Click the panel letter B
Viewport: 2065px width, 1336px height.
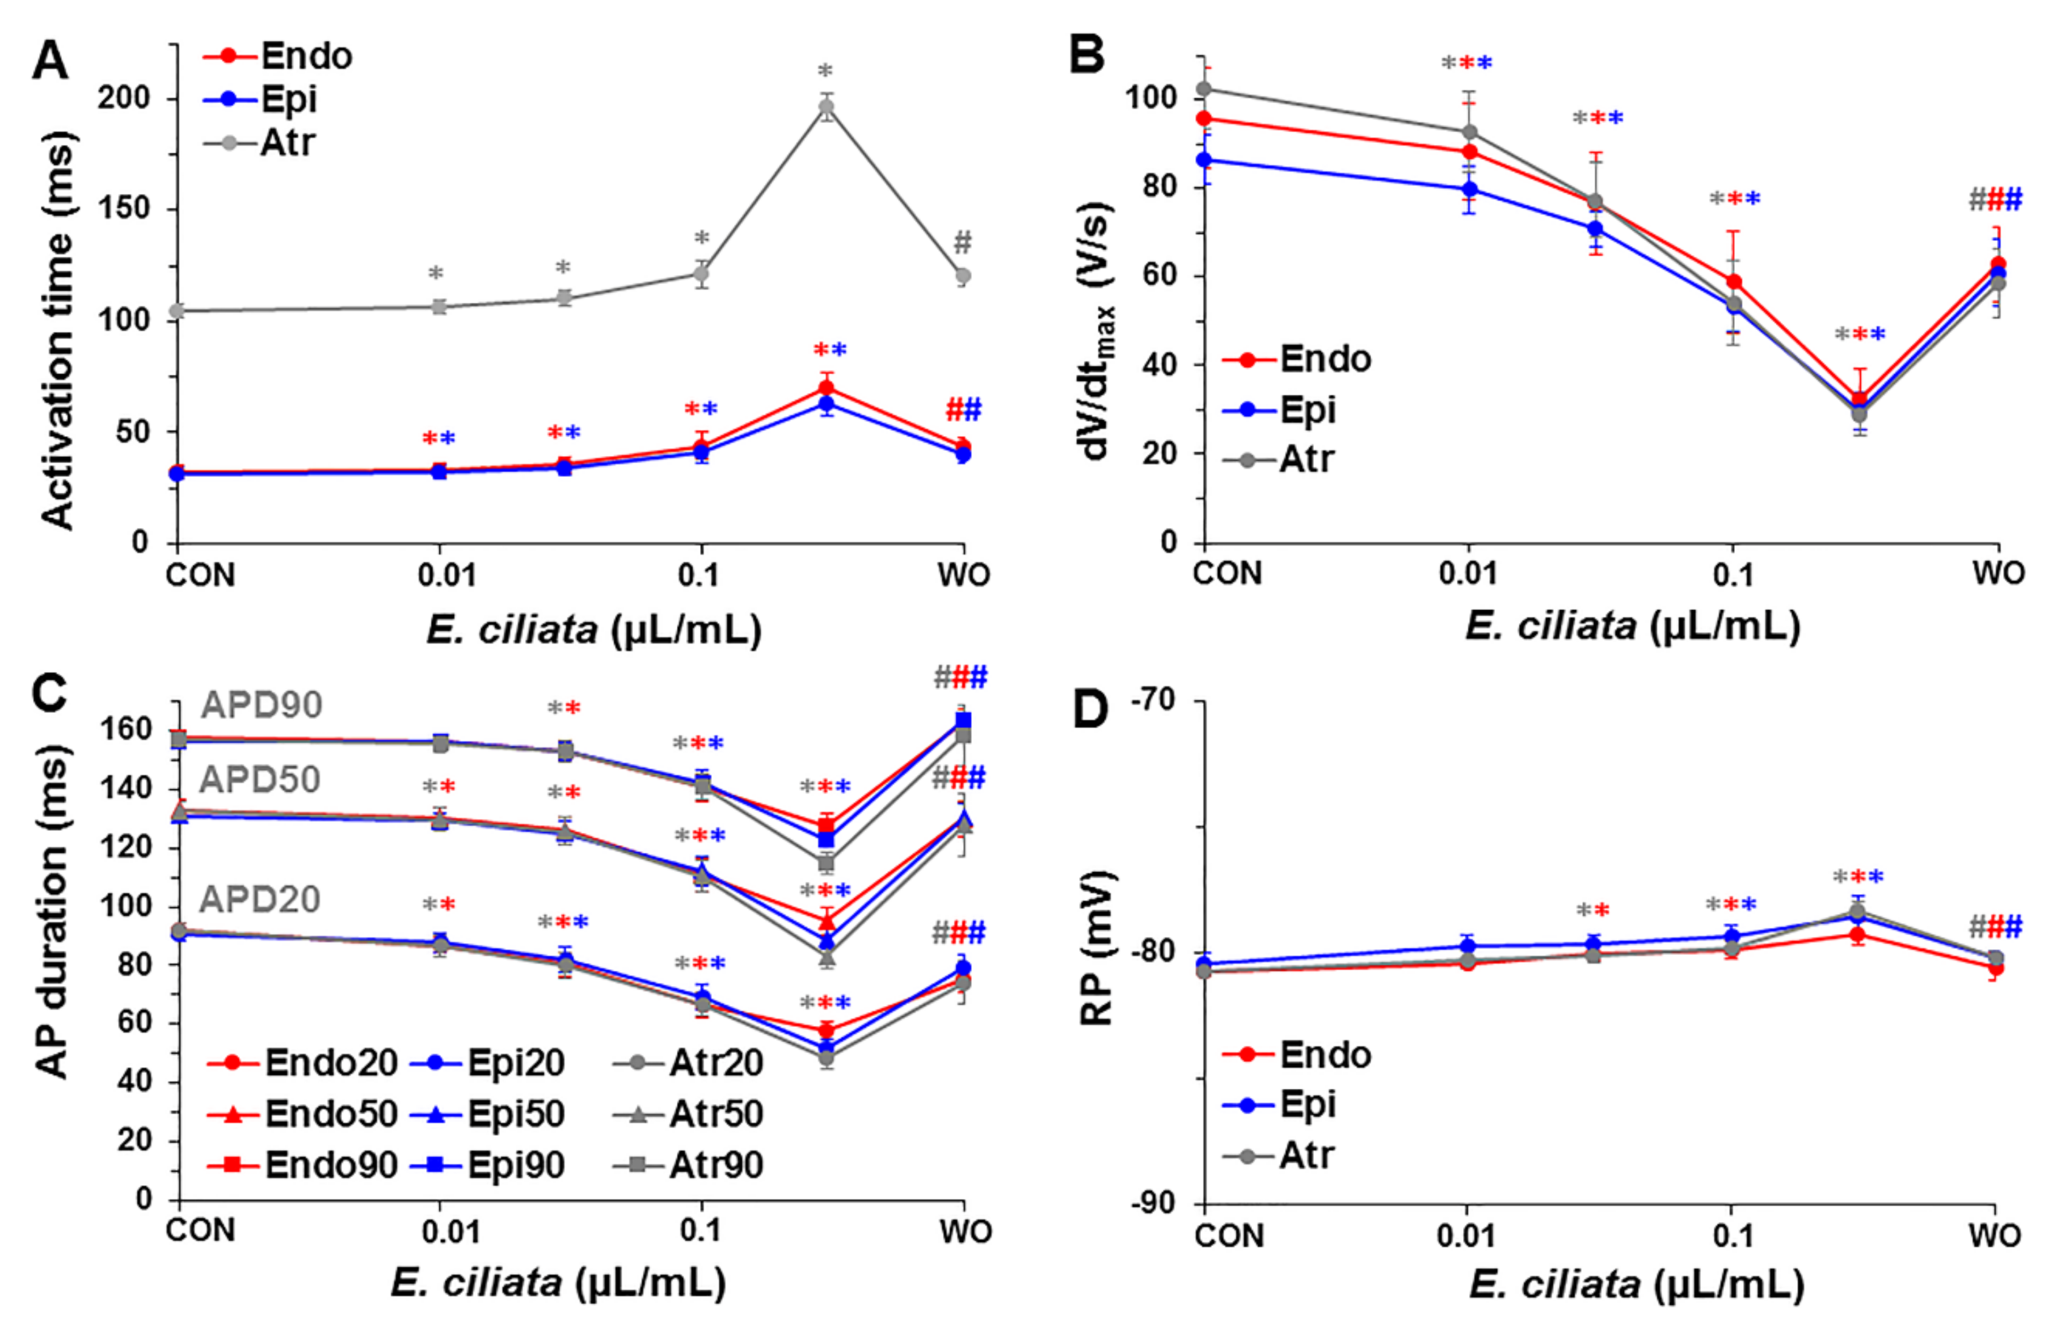tap(1086, 56)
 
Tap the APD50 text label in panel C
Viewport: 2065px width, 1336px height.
tap(260, 780)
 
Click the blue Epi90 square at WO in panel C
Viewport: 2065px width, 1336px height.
tap(963, 721)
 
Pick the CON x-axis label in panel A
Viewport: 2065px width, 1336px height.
tap(200, 575)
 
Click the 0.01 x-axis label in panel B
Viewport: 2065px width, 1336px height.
tap(1468, 573)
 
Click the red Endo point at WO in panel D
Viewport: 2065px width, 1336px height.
tap(1996, 968)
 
